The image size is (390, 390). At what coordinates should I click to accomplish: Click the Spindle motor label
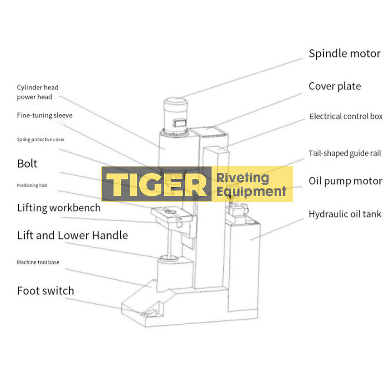(x=344, y=54)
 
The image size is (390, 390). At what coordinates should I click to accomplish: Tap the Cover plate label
(x=334, y=86)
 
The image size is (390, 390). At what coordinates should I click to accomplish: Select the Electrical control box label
(x=346, y=116)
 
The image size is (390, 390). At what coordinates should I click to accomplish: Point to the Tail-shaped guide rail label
(x=345, y=154)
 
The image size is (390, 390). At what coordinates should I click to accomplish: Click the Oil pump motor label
(x=345, y=181)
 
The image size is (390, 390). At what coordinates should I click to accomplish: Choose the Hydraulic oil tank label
(x=345, y=214)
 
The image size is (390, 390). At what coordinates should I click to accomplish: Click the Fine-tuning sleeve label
(x=45, y=115)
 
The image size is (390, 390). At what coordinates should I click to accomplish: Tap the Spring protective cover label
(x=41, y=139)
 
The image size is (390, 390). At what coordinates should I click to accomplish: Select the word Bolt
(x=27, y=164)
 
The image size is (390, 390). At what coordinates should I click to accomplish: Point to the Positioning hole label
(x=32, y=185)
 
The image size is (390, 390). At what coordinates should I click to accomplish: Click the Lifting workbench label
(x=58, y=208)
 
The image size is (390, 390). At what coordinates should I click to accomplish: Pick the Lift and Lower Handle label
(x=72, y=235)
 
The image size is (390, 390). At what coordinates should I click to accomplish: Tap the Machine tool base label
(x=38, y=262)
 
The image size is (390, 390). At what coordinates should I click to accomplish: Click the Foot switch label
(x=45, y=290)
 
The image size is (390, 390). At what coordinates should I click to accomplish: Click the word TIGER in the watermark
(x=156, y=184)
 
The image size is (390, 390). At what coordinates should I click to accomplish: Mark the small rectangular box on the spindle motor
(x=180, y=122)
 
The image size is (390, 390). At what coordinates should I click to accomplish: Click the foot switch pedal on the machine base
(x=149, y=313)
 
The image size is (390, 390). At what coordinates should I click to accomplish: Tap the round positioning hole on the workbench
(x=171, y=212)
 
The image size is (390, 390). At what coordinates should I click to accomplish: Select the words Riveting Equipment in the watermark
(x=251, y=184)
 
